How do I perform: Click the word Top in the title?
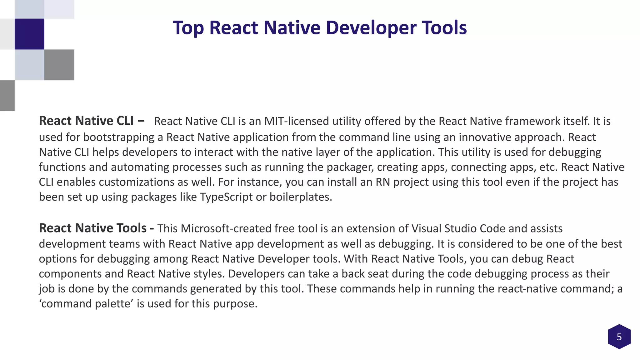[188, 28]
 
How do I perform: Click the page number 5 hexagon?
[619, 337]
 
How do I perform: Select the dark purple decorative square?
[29, 34]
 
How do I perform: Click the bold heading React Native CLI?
[86, 121]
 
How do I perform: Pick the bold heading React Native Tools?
[93, 228]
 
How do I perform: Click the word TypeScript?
[226, 197]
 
